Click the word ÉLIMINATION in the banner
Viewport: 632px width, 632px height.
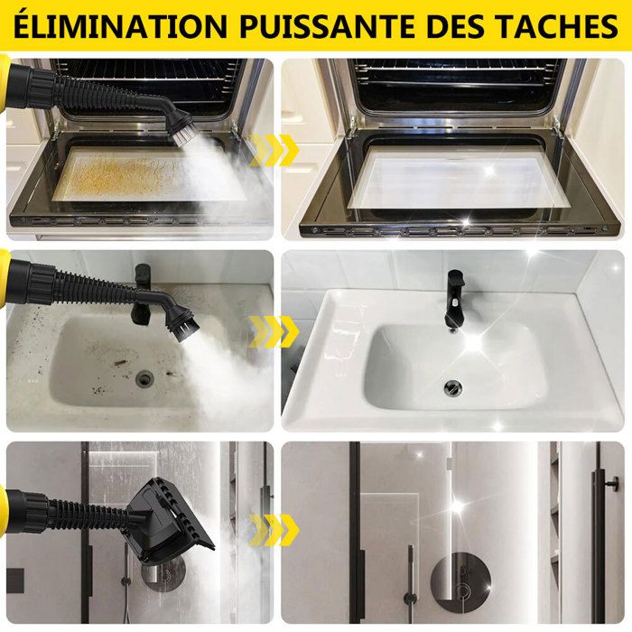(120, 26)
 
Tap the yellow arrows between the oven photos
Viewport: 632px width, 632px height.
(274, 150)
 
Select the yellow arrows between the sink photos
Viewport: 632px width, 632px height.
(274, 331)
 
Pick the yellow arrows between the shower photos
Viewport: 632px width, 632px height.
(274, 530)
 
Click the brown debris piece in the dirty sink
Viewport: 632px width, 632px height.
(121, 362)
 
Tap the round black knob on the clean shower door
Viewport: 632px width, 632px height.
(613, 481)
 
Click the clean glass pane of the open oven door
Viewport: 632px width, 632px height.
(459, 181)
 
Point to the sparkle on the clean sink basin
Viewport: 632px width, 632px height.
(475, 342)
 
